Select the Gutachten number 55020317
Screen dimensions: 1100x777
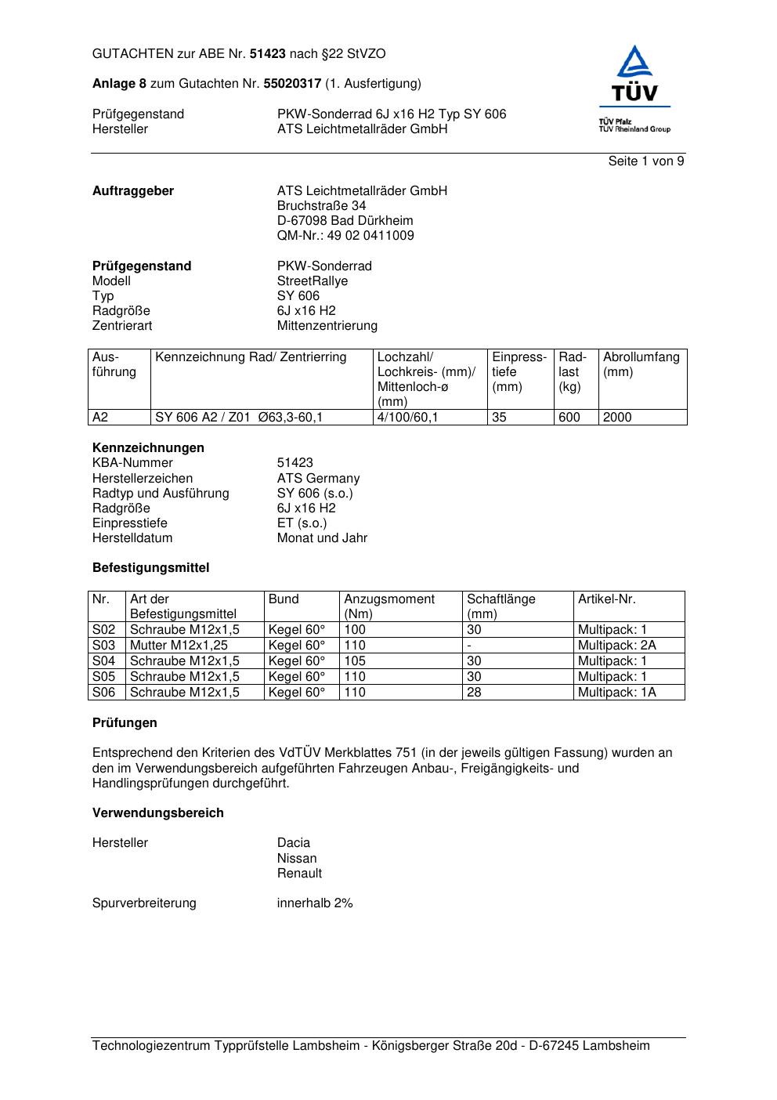pos(292,83)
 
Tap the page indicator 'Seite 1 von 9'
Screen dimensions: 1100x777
pos(646,161)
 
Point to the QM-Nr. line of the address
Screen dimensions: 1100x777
pos(345,236)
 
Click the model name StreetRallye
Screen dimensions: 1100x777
pos(313,281)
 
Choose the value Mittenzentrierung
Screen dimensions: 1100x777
pos(327,326)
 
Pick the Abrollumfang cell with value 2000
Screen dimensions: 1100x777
pos(617,418)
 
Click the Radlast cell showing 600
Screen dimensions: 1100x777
pos(569,418)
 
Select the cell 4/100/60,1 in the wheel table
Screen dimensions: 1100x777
pos(407,418)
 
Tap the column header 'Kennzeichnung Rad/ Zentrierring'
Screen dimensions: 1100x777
pos(251,357)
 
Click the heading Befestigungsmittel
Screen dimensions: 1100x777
pos(150,568)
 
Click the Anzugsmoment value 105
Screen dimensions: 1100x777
pos(355,661)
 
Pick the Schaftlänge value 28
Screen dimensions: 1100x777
pos(474,693)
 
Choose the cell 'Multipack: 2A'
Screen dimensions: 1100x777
pos(616,646)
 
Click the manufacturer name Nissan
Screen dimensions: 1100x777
pos(297,859)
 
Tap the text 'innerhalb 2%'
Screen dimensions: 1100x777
pos(315,903)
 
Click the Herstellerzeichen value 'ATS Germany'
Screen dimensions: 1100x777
pos(318,479)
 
